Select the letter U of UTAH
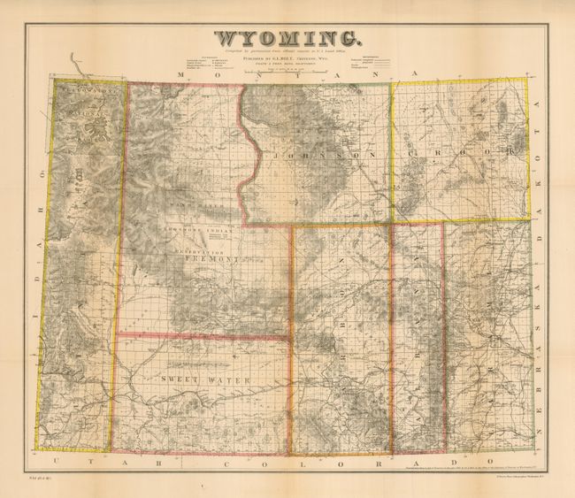click(55, 462)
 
